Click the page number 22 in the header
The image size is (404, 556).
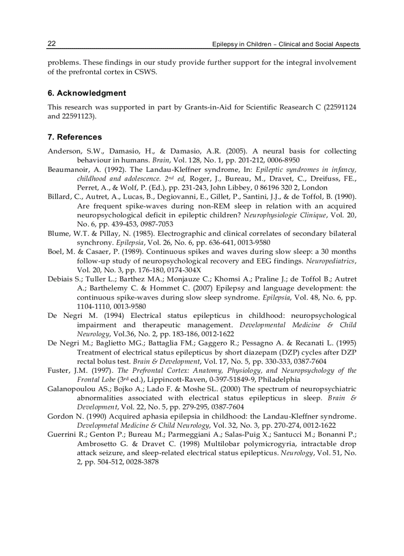51,44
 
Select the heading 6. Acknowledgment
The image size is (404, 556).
87,93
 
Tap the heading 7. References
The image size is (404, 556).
75,137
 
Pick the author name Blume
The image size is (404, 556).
57,234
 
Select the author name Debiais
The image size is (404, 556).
60,279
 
